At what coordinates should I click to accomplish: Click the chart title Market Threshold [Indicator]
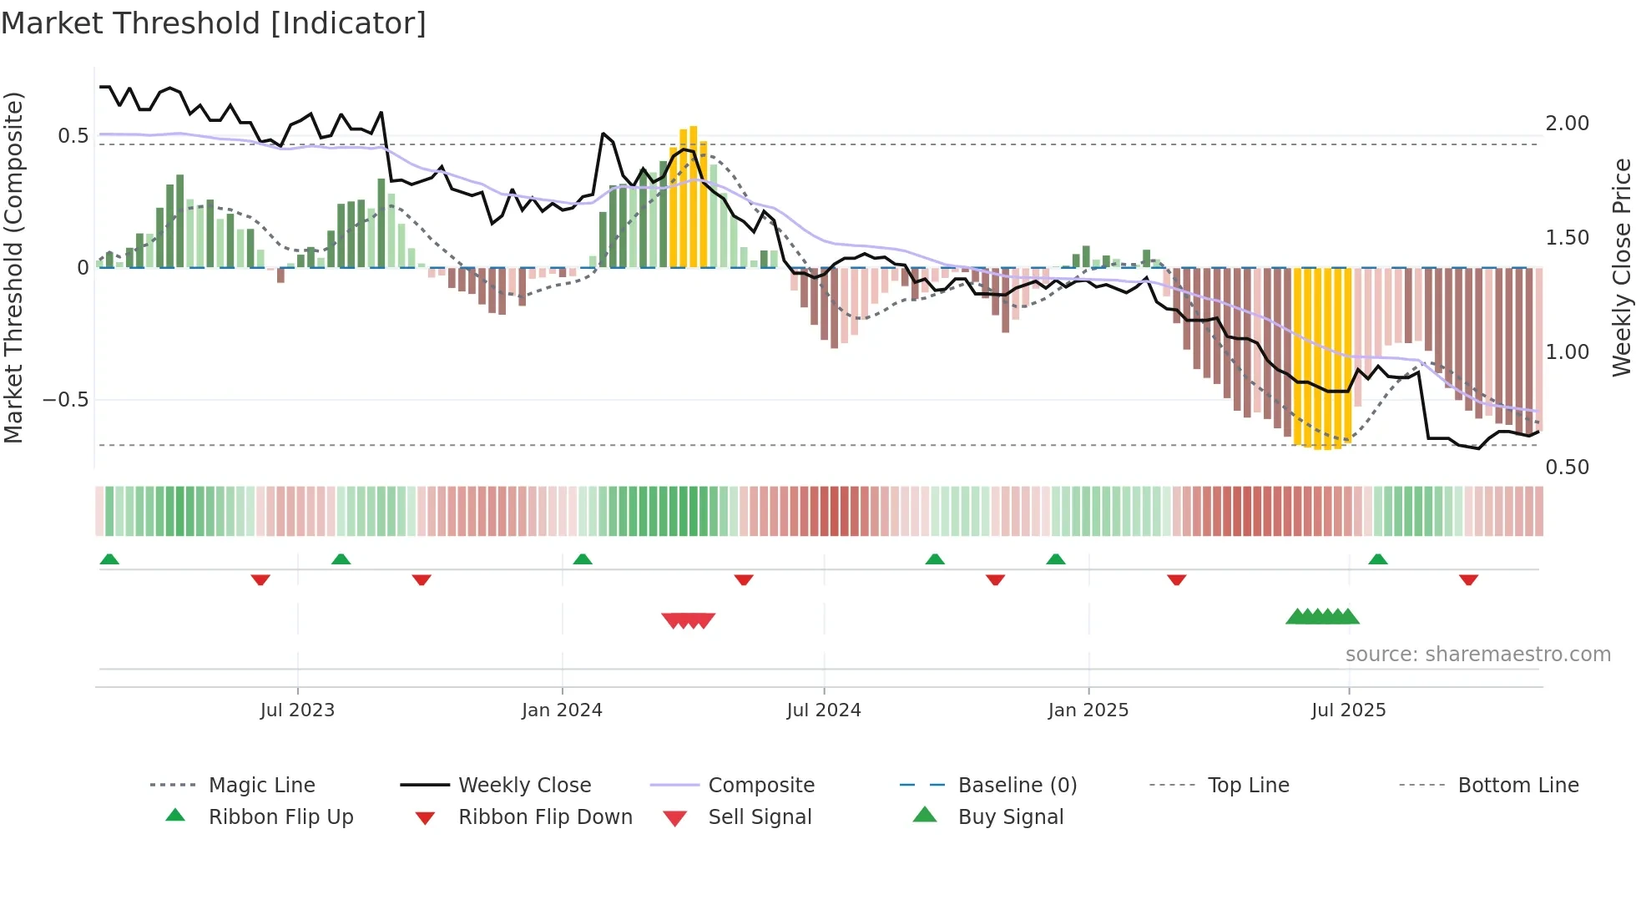point(214,23)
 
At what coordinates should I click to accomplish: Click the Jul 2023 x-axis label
point(297,710)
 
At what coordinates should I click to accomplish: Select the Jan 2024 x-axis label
point(562,710)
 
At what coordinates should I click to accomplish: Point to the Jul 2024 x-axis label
point(824,710)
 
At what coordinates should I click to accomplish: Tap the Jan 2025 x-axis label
point(1088,710)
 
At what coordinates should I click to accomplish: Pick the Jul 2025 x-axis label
point(1349,710)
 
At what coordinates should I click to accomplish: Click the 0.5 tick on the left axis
point(73,136)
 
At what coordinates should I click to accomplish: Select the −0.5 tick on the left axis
point(66,400)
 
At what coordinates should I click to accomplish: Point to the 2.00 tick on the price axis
point(1568,124)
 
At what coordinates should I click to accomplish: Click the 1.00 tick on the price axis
point(1568,352)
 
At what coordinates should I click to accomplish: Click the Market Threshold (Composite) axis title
point(13,267)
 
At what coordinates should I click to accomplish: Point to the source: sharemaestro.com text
point(1478,655)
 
